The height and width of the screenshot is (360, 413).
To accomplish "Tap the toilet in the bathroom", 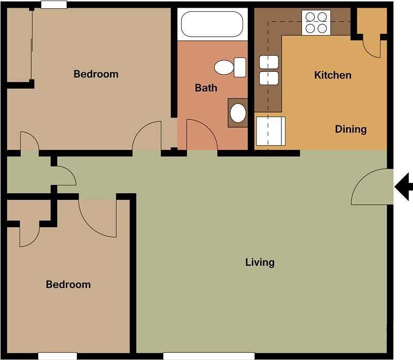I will (x=230, y=67).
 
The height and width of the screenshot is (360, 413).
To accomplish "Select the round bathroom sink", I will (x=238, y=113).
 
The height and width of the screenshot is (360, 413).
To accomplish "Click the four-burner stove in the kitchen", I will (x=316, y=23).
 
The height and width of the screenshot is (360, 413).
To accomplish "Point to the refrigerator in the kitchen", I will (x=271, y=131).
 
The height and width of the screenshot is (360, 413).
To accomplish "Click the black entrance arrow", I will (x=404, y=186).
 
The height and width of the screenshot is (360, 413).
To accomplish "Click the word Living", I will (x=260, y=262).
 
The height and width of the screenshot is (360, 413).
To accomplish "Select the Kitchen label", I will (x=332, y=75).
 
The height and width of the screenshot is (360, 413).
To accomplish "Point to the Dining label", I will (x=351, y=129).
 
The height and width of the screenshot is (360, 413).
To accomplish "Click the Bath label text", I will (x=206, y=88).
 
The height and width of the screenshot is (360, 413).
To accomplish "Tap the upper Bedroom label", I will (x=96, y=74).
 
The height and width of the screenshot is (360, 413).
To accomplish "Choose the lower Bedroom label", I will (x=68, y=285).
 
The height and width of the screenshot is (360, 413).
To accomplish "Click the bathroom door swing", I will (x=200, y=135).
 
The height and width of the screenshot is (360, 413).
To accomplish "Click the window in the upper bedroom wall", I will (x=54, y=5).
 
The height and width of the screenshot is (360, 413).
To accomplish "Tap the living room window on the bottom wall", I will (x=209, y=356).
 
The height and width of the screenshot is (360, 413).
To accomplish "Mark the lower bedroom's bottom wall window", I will (x=57, y=356).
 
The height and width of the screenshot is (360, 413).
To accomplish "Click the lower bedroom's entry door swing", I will (x=97, y=218).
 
